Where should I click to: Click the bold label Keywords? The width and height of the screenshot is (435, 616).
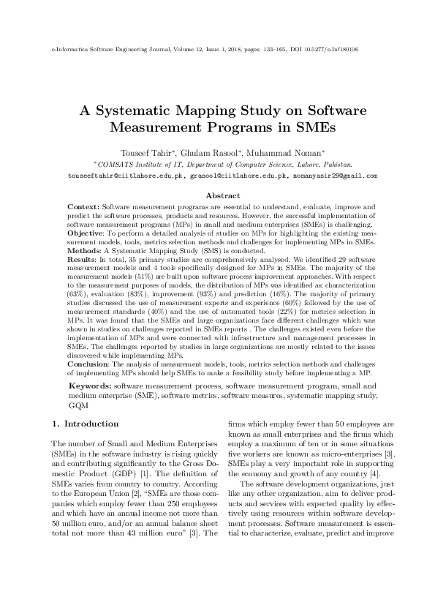point(90,385)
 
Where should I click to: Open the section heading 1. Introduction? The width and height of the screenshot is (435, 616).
point(86,424)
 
